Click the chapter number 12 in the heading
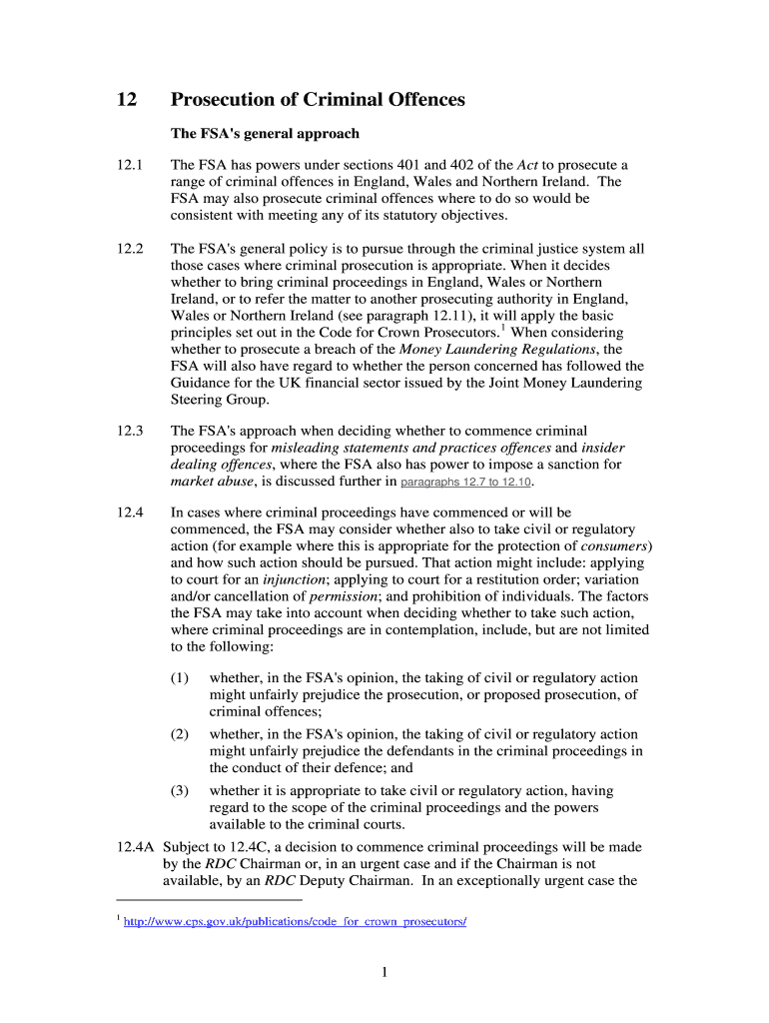[126, 100]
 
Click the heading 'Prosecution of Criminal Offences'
[318, 100]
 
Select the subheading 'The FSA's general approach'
[265, 133]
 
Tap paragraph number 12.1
[130, 165]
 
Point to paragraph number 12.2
[130, 248]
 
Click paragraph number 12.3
[130, 431]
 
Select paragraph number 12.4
[130, 512]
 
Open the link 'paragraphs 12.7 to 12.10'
[466, 482]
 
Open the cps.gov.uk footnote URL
[294, 921]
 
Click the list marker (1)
[180, 678]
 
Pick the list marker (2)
[180, 734]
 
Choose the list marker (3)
[180, 790]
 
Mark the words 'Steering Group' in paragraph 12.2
[219, 399]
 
